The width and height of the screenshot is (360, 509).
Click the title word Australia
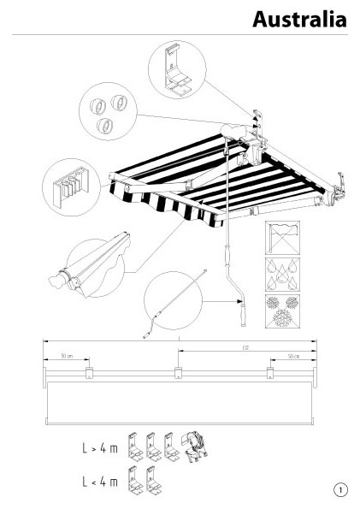tap(299, 19)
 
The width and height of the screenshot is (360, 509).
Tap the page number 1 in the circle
tap(340, 489)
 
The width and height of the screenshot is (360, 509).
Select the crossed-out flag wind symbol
tap(282, 238)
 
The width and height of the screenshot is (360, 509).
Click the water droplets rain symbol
tap(282, 275)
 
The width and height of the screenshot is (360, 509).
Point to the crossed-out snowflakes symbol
tap(282, 311)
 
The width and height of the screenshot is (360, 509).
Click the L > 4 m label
tap(100, 448)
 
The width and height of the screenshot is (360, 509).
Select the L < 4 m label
tap(100, 482)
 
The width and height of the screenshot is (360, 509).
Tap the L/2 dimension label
tap(245, 347)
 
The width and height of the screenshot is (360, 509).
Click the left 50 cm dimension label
tap(67, 356)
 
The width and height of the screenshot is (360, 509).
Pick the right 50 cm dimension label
tap(293, 356)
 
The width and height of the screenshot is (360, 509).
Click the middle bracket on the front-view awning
tap(178, 373)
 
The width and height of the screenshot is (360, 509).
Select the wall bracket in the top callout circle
tap(174, 71)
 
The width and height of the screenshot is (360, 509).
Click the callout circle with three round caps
tap(108, 111)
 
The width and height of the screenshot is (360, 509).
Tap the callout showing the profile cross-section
tap(72, 187)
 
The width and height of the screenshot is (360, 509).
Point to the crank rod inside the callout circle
tap(174, 304)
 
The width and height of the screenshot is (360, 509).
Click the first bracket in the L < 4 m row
tap(135, 480)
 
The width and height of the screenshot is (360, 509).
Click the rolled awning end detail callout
tap(91, 265)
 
